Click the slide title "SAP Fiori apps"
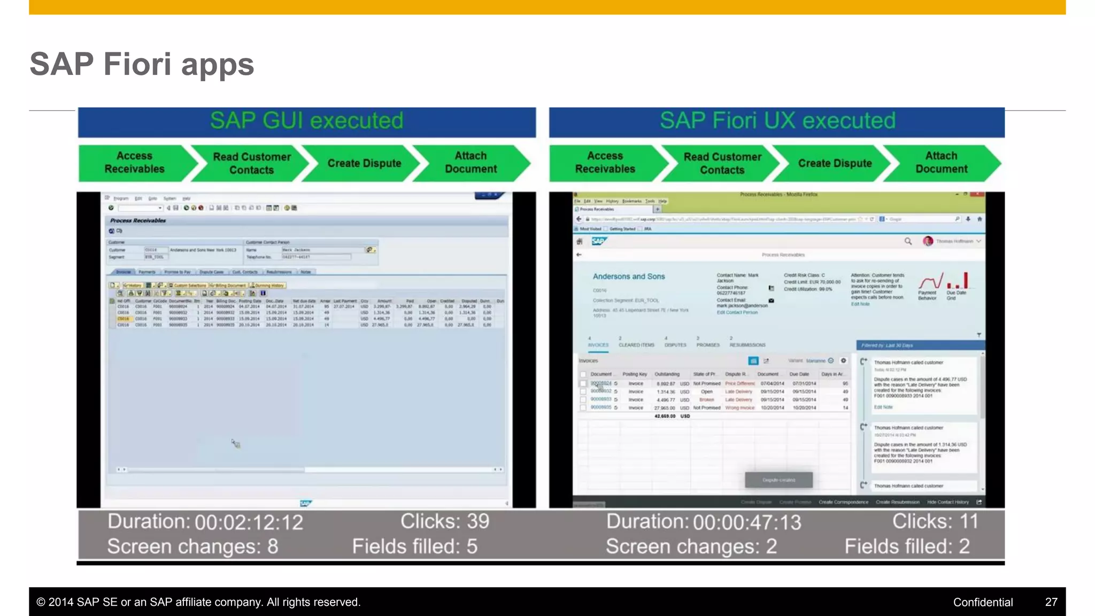(142, 64)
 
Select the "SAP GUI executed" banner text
(306, 121)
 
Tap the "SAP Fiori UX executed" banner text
(777, 121)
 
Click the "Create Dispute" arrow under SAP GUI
(364, 164)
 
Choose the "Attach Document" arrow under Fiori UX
(941, 163)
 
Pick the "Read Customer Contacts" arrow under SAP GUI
(251, 164)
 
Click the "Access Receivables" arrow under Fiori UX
(605, 163)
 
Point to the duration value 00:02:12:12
(249, 522)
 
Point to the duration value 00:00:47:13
(747, 522)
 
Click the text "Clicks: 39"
(445, 521)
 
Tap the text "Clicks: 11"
(935, 521)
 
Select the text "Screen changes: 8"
(192, 546)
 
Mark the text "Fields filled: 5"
(414, 546)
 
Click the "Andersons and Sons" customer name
(629, 276)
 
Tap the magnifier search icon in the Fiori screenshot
(908, 241)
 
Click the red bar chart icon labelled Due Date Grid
(957, 281)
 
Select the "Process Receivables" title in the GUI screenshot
(138, 220)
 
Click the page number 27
(1051, 602)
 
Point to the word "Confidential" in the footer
(983, 602)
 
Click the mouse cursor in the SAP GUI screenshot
(235, 443)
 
